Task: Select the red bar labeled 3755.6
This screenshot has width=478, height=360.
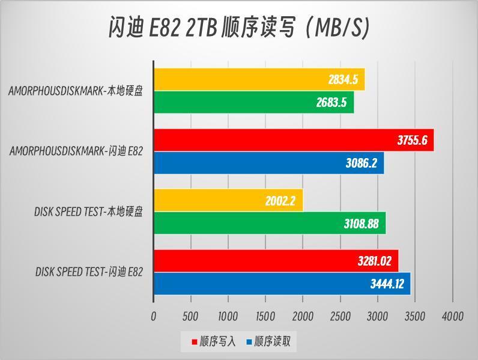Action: point(293,140)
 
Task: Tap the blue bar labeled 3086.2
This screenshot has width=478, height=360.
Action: point(268,163)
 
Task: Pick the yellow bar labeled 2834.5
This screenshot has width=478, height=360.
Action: point(259,79)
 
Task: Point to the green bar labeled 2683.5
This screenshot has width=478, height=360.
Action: point(253,102)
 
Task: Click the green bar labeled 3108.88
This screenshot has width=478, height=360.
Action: point(270,224)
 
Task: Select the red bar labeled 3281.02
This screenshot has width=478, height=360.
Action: point(276,261)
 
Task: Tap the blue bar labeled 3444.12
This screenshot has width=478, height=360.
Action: point(282,284)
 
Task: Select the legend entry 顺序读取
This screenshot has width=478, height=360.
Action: point(268,342)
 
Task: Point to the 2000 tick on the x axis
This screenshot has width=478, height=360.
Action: point(303,316)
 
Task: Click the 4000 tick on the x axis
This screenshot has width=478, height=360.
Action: point(452,316)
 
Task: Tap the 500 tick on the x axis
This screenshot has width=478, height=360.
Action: point(190,316)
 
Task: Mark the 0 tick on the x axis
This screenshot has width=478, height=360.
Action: point(154,316)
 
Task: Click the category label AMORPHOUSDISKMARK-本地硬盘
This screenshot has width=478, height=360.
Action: point(76,91)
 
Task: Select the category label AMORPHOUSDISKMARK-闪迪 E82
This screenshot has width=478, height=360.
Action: point(76,151)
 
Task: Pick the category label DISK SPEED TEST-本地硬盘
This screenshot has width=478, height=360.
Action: point(88,212)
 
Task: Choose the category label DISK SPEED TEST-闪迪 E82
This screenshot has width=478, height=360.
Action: point(89,272)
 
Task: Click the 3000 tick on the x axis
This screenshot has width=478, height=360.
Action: point(378,316)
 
